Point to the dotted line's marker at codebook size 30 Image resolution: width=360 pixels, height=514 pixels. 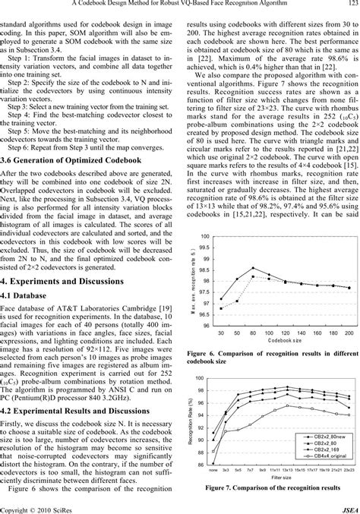point(220,309)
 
